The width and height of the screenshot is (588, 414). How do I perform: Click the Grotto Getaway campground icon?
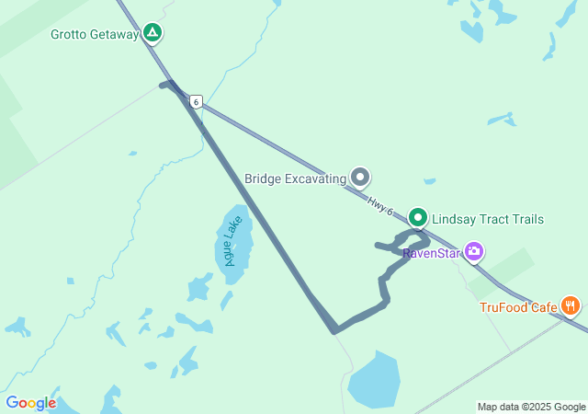(153, 35)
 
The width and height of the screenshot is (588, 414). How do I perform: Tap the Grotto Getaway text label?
(95, 35)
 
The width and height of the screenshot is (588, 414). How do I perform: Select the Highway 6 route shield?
(196, 101)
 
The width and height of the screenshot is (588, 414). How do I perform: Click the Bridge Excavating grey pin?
(361, 178)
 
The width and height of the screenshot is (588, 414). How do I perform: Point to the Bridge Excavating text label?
(295, 178)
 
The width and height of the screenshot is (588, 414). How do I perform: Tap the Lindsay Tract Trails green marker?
(418, 218)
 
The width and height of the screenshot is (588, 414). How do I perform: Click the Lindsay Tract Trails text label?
(488, 219)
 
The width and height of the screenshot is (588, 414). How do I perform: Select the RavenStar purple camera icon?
(474, 251)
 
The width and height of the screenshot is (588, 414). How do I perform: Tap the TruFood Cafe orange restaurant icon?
(571, 305)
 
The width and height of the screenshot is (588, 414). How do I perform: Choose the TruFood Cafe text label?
(518, 307)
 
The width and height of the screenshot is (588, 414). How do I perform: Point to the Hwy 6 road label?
(379, 206)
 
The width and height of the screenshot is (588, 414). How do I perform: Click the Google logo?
(30, 403)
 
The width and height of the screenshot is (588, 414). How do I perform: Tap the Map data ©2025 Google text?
(531, 407)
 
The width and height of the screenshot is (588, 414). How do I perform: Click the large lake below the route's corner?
(374, 379)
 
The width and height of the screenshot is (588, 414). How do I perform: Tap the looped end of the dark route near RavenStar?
(409, 241)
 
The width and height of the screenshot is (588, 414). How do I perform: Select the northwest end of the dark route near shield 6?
(164, 85)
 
